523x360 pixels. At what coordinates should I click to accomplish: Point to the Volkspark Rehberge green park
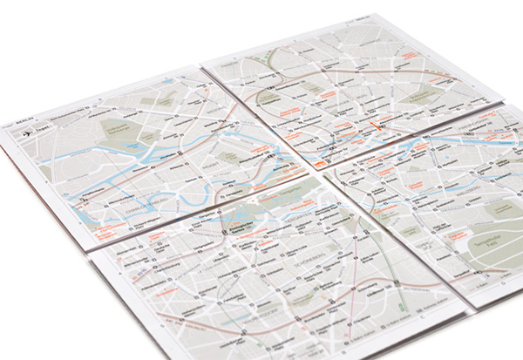124,129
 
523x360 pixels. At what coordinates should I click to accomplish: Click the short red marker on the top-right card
377,125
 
